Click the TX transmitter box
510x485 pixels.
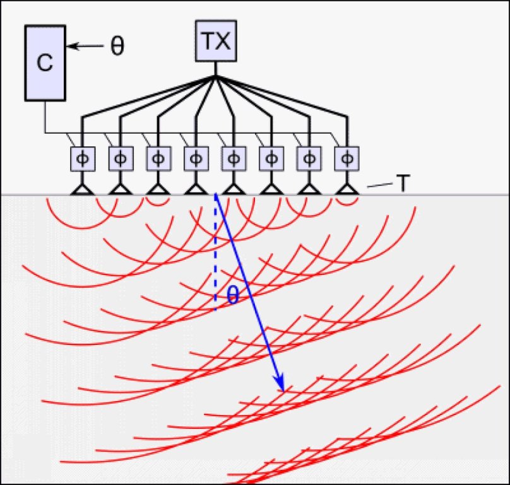(x=215, y=42)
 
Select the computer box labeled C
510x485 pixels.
(x=45, y=62)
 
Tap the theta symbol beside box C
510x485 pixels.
(x=117, y=47)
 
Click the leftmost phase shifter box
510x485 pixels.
(x=83, y=158)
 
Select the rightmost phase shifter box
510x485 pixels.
(x=346, y=158)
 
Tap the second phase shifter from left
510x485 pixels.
(x=121, y=158)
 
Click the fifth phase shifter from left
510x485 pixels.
(x=234, y=158)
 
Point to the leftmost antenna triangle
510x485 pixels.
(x=83, y=188)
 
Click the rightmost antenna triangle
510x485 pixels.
(x=346, y=188)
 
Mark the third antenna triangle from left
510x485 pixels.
(x=158, y=188)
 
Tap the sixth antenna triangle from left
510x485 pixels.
(x=271, y=188)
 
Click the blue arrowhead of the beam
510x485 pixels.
(x=280, y=384)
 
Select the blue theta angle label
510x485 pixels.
(x=232, y=295)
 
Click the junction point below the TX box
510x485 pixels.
(x=215, y=77)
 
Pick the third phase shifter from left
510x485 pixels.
(x=158, y=158)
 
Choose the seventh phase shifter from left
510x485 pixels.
(x=309, y=158)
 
